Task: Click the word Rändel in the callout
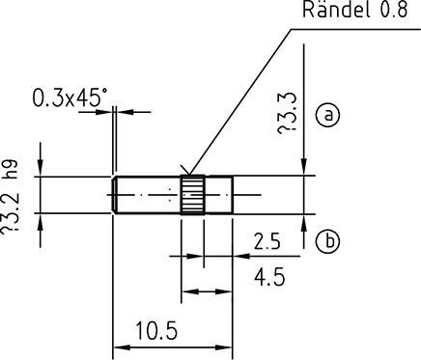click(336, 9)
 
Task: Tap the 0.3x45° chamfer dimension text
click(70, 97)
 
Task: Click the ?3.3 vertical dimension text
click(287, 113)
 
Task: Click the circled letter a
click(328, 115)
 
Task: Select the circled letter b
click(328, 241)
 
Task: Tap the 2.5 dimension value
click(267, 241)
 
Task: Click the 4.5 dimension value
click(269, 277)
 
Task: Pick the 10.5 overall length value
click(156, 331)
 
